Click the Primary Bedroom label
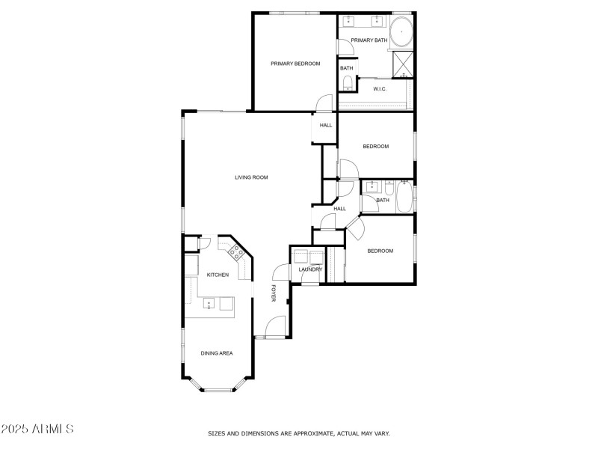pos(295,64)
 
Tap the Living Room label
pos(251,177)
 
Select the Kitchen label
pos(218,275)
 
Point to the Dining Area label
pos(217,353)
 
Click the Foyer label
pos(274,293)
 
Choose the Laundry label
pos(310,269)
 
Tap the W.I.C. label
pos(380,89)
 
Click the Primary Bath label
pos(369,40)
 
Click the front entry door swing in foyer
pos(274,326)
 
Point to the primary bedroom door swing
pos(324,103)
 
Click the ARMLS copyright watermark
pos(37,430)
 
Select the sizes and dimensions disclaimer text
pos(298,433)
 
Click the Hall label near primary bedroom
pos(326,125)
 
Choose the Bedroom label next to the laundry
pos(380,251)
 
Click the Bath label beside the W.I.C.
pos(347,68)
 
